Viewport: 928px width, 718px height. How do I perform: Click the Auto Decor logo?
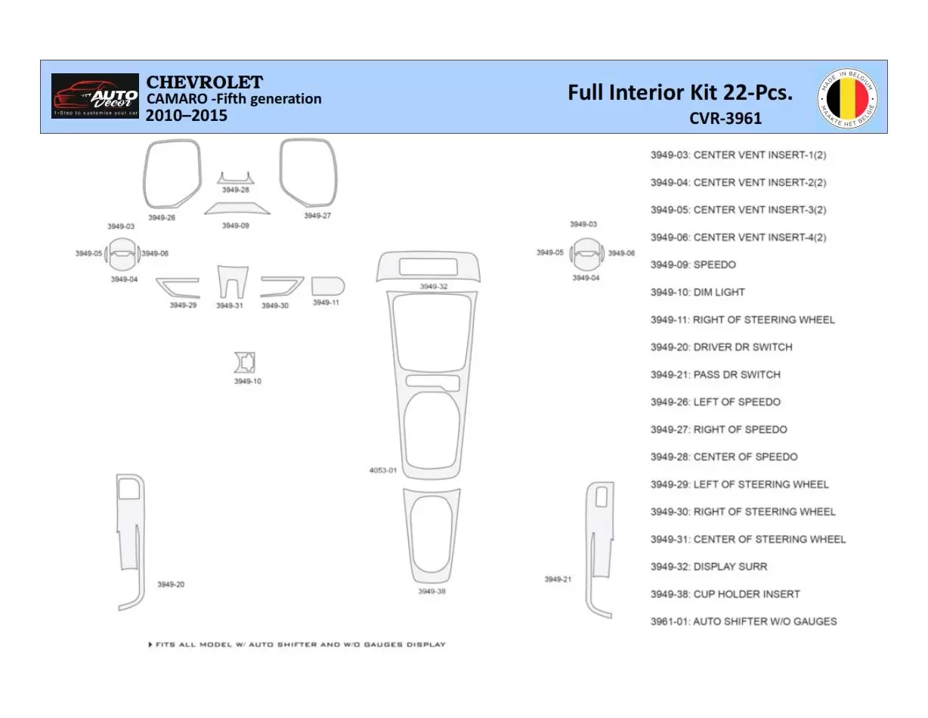coord(94,96)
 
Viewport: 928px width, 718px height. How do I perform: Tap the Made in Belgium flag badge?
coord(848,97)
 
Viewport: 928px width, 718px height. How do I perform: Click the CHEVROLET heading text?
coord(204,82)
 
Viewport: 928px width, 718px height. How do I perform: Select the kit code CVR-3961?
coord(725,118)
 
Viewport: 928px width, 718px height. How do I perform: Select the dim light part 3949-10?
coord(245,363)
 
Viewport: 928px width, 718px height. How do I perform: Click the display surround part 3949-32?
coord(428,267)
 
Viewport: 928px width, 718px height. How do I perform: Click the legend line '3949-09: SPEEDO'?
coord(693,265)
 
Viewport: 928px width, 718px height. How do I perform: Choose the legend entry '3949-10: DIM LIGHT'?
coord(698,292)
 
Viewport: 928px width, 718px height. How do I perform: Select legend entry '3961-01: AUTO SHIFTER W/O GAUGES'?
coord(744,621)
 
